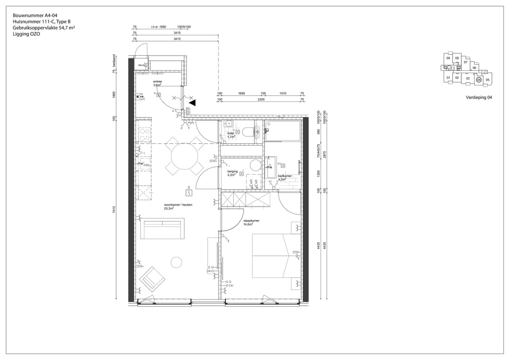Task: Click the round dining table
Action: pos(185,154)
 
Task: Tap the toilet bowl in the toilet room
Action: pos(248,132)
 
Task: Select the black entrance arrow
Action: pos(192,102)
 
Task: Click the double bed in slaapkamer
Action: pos(271,256)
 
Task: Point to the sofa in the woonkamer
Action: pos(162,228)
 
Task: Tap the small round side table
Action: pos(177,262)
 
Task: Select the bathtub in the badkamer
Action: pos(282,131)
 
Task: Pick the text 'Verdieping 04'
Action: pos(478,98)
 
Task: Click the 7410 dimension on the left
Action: pos(115,209)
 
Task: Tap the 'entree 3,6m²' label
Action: pos(158,84)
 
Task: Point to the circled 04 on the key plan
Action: pos(479,80)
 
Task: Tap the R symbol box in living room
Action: pos(188,193)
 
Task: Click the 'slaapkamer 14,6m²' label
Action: pos(251,222)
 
